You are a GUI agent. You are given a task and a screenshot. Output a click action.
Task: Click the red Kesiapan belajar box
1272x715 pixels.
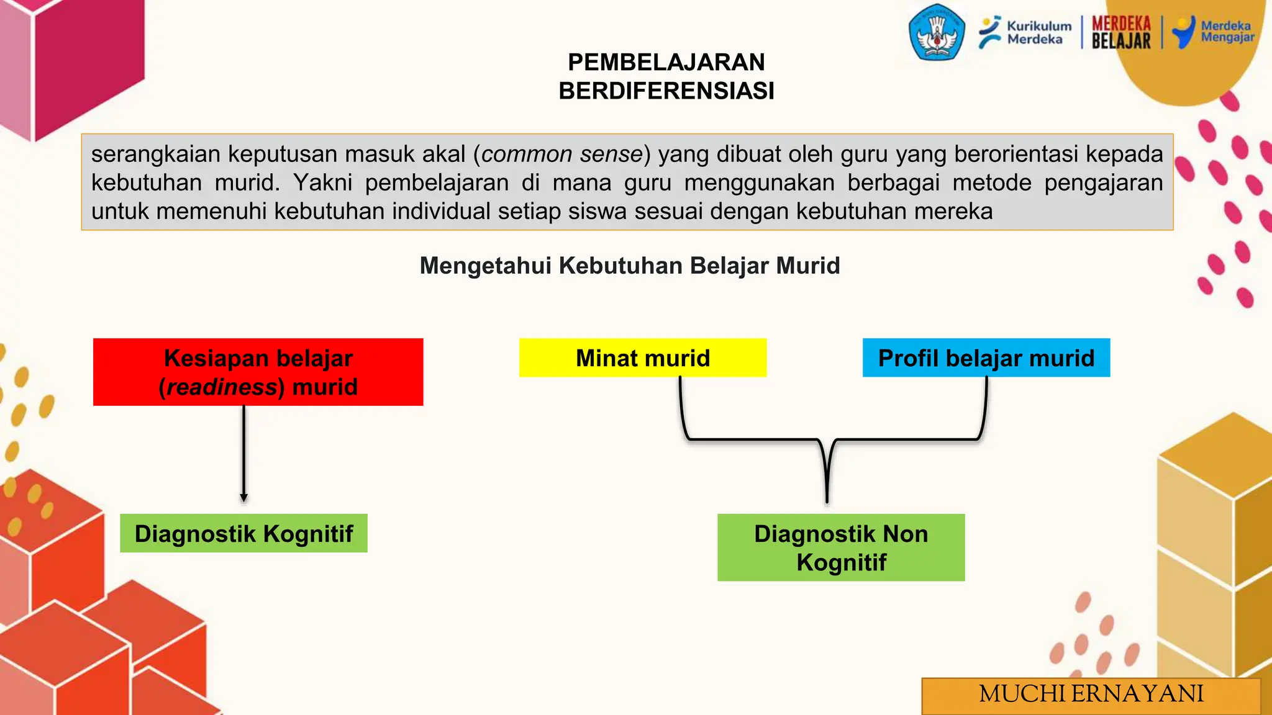coord(258,372)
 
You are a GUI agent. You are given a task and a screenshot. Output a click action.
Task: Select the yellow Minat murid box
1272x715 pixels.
coord(642,357)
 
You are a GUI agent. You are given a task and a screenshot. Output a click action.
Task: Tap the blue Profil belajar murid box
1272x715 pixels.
coord(986,357)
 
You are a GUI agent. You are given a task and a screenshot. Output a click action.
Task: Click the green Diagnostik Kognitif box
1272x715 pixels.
coord(243,533)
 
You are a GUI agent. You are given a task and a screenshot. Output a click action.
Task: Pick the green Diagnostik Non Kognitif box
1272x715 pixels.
coord(840,547)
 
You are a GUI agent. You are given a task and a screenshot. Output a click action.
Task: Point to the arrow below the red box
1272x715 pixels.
coord(244,453)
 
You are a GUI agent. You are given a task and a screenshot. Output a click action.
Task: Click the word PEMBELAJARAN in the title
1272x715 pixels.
coord(666,62)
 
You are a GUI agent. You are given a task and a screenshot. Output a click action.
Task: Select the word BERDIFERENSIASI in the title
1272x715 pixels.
coord(666,91)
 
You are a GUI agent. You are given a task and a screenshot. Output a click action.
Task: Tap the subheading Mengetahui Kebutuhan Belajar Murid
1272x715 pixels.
coord(630,266)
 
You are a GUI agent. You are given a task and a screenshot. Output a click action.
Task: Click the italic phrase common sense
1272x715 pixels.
coord(561,154)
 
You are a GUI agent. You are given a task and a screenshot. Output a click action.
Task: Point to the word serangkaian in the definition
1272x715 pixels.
coord(155,154)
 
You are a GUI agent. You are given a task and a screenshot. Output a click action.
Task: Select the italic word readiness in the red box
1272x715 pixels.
coord(222,387)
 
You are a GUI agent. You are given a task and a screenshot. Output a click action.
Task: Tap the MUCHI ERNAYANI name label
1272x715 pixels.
coord(1091,694)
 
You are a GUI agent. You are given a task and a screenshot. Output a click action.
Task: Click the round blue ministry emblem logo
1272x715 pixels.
coord(937,32)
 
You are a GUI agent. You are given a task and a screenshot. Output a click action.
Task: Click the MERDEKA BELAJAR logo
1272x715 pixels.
coord(1121,32)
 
